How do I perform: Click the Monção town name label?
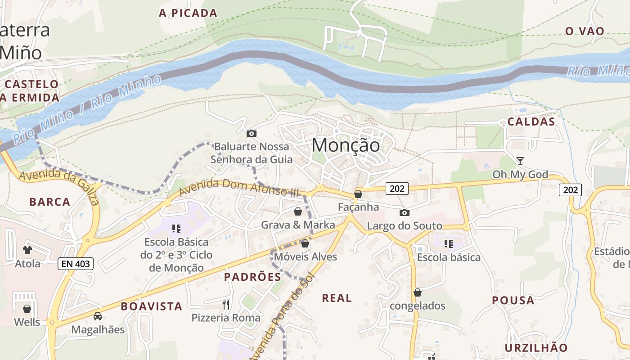(x=346, y=145)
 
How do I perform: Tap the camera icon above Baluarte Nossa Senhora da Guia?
(x=252, y=133)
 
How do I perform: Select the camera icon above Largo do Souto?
(x=405, y=212)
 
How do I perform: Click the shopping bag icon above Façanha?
(x=358, y=194)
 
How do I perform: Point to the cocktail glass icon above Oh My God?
(x=520, y=161)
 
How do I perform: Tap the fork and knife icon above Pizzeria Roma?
(x=226, y=305)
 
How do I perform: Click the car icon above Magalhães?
(x=98, y=316)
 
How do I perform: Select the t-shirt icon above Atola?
(x=27, y=250)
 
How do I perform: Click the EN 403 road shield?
(x=76, y=264)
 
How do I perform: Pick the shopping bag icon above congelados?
(x=418, y=292)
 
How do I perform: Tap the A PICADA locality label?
(x=188, y=13)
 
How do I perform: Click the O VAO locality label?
(x=585, y=31)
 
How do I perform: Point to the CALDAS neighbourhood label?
(x=531, y=122)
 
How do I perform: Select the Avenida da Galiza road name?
(x=58, y=187)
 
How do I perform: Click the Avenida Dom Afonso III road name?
(x=239, y=188)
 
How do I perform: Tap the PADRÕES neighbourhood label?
(x=252, y=277)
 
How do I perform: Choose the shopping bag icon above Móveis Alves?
(x=305, y=243)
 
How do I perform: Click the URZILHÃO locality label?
(x=536, y=348)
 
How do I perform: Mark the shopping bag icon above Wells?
(x=27, y=309)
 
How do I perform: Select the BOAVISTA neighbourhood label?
(x=152, y=306)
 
